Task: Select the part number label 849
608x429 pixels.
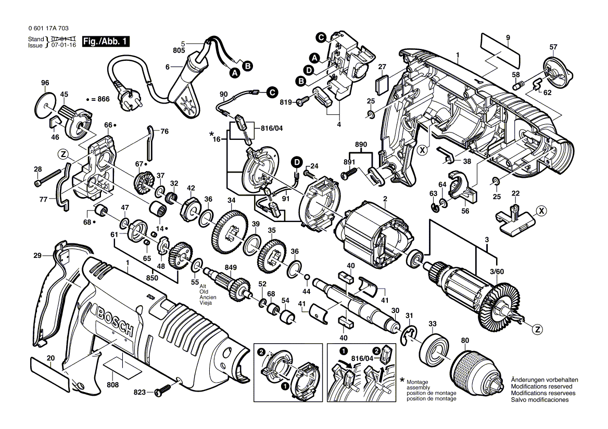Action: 231,267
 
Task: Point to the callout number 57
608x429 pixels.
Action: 553,47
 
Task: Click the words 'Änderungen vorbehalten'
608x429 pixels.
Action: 541,380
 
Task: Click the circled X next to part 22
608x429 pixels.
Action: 542,211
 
